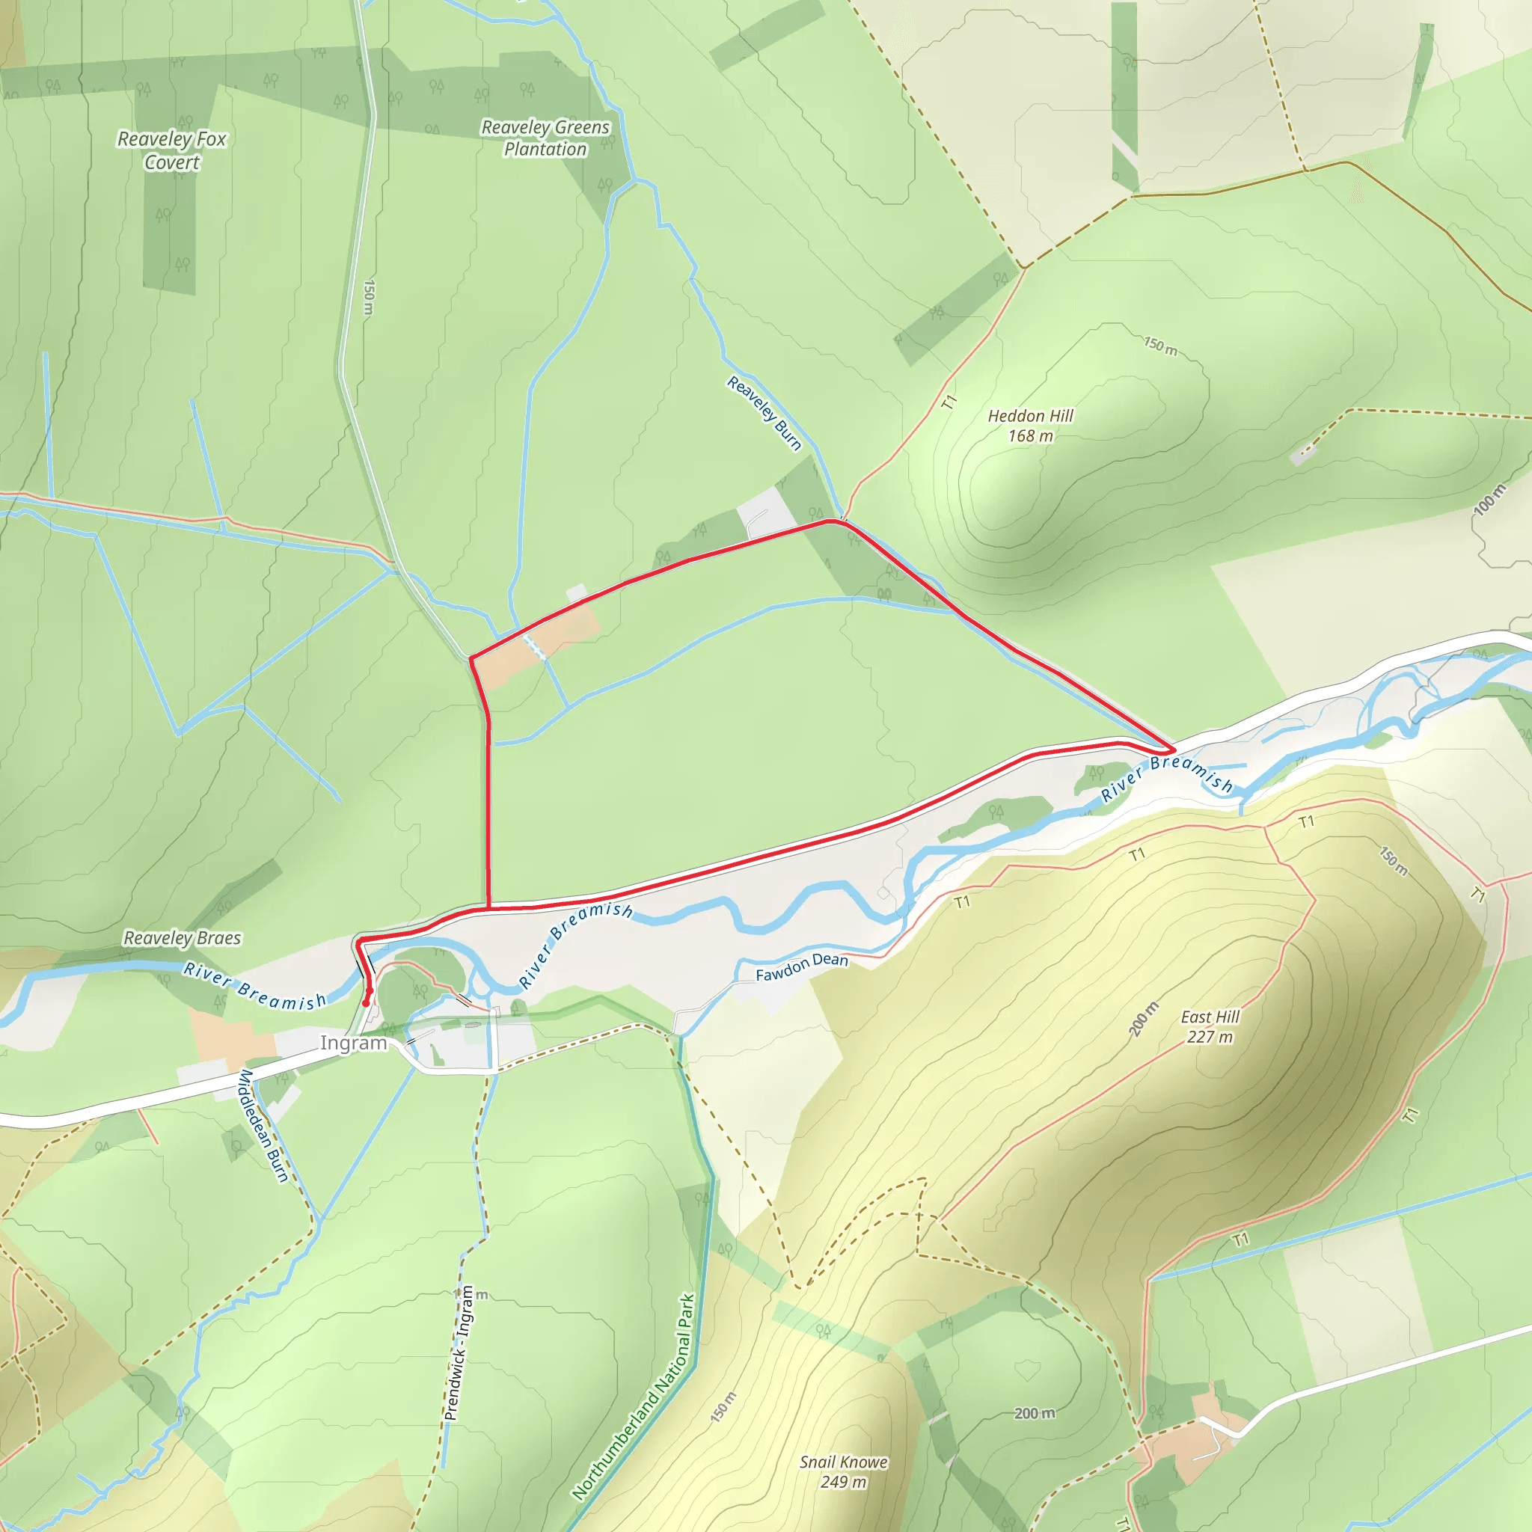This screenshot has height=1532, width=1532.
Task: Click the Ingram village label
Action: pyautogui.click(x=353, y=1043)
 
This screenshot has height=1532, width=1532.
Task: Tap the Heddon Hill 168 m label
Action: pyautogui.click(x=1030, y=426)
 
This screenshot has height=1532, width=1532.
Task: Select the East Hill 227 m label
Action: pyautogui.click(x=1210, y=1027)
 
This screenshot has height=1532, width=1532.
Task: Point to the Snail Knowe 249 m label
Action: pyautogui.click(x=843, y=1471)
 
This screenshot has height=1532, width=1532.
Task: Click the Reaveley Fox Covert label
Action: pyautogui.click(x=172, y=150)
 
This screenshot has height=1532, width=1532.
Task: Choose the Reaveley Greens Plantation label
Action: pyautogui.click(x=545, y=138)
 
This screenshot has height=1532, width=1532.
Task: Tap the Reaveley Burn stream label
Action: pyautogui.click(x=765, y=413)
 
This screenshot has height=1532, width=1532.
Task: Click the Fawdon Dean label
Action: pyautogui.click(x=802, y=966)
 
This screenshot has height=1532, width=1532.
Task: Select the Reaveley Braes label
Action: pyautogui.click(x=183, y=938)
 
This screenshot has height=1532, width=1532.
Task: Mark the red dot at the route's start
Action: pyautogui.click(x=366, y=1003)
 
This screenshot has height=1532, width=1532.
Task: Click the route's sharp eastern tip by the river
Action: pyautogui.click(x=1174, y=749)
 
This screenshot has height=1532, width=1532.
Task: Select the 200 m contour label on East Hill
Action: pyautogui.click(x=1145, y=1019)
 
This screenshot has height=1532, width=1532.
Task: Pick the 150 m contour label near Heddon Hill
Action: pyautogui.click(x=1160, y=346)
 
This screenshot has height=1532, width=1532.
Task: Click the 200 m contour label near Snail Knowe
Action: pyautogui.click(x=1035, y=1413)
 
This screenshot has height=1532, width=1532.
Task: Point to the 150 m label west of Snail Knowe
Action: pyautogui.click(x=723, y=1407)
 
